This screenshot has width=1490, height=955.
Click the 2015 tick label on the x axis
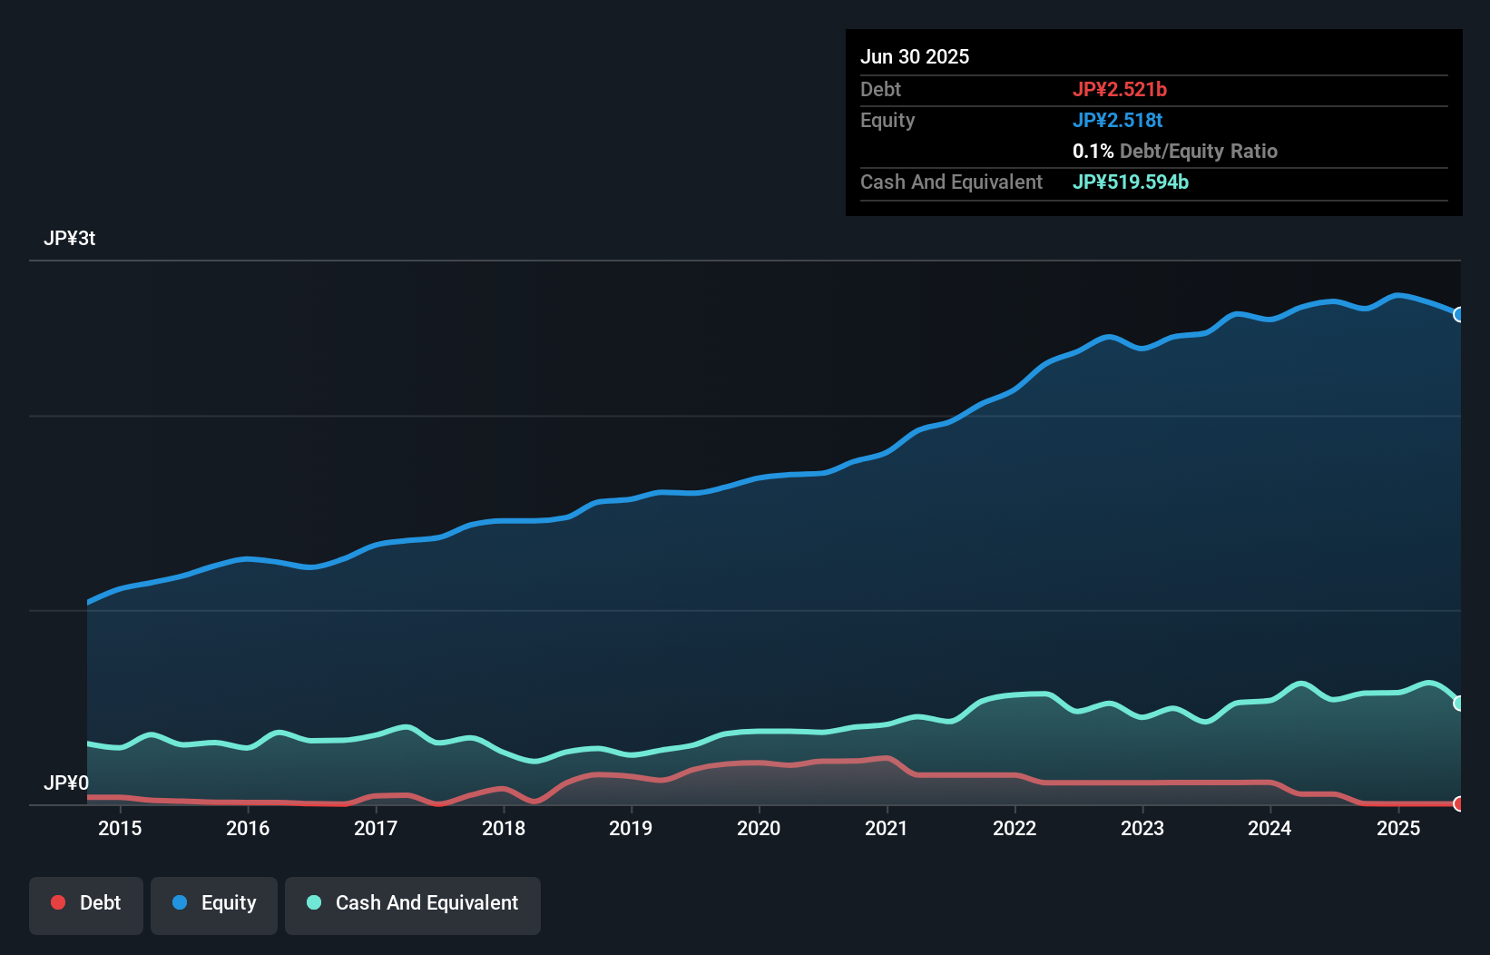click(x=120, y=828)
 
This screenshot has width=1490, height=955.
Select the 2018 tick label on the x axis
click(x=504, y=828)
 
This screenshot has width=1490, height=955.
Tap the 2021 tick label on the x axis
click(x=887, y=828)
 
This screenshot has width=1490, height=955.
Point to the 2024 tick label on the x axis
click(x=1269, y=828)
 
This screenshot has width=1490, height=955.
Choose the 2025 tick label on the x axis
click(x=1398, y=828)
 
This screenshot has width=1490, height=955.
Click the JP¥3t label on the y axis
click(x=69, y=239)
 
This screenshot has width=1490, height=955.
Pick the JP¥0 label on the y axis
click(x=66, y=783)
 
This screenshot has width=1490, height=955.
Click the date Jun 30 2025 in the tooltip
click(x=915, y=57)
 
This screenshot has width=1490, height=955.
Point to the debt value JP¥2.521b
click(x=1119, y=90)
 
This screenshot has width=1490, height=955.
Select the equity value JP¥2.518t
click(x=1117, y=121)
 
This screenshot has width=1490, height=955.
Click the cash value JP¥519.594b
click(x=1130, y=182)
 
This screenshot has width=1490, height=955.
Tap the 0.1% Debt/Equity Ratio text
click(x=1174, y=152)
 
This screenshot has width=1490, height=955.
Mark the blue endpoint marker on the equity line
click(x=1459, y=314)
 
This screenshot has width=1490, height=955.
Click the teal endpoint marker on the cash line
click(x=1459, y=703)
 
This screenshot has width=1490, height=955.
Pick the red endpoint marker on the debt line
click(x=1459, y=803)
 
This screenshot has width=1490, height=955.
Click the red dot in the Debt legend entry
click(x=58, y=902)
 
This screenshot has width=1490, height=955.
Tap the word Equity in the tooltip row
click(x=887, y=121)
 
